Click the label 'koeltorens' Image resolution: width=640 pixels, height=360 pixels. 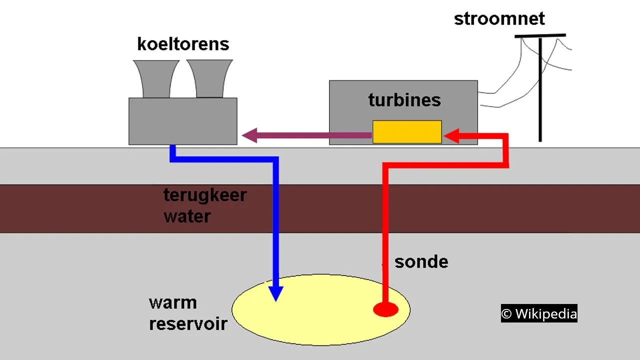[x=183, y=44]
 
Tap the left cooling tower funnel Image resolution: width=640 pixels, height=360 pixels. [x=156, y=78]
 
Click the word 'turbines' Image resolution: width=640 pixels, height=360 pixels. [x=404, y=100]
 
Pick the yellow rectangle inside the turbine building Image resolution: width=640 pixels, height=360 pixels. [x=407, y=132]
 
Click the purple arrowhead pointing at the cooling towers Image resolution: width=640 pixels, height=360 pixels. [x=249, y=135]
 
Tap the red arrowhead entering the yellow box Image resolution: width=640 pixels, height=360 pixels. [x=452, y=135]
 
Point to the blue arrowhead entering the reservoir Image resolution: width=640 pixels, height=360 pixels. [x=275, y=293]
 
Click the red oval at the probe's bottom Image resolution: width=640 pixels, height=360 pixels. [x=385, y=309]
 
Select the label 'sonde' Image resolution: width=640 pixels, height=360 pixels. [x=421, y=261]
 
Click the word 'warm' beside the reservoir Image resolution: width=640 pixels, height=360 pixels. [x=172, y=303]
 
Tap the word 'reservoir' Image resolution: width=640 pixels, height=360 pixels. [x=188, y=323]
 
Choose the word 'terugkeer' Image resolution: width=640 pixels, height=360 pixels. [x=205, y=195]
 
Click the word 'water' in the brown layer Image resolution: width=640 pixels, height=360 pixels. [x=187, y=216]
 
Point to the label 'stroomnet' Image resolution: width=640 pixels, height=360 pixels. [x=499, y=19]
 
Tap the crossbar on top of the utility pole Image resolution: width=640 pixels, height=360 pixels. [x=540, y=35]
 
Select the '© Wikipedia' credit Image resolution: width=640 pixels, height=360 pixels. [x=539, y=313]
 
